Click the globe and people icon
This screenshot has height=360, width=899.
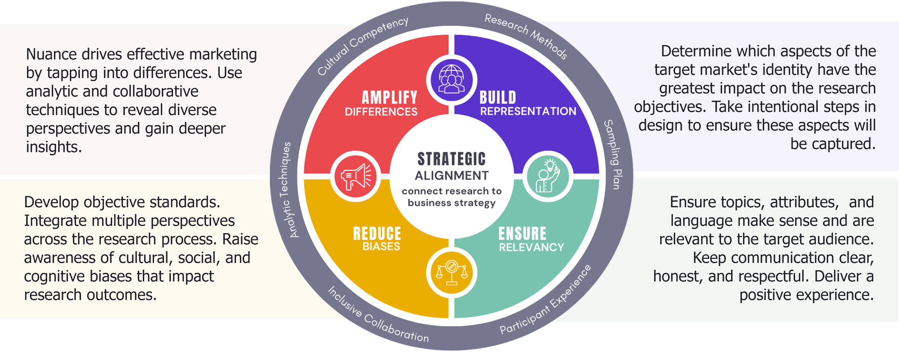point(452,79)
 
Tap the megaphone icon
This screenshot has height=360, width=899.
point(356,177)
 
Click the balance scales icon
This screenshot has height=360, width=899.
point(452,273)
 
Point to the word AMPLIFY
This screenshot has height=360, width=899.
point(389,97)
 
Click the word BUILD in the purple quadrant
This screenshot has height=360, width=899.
point(498,97)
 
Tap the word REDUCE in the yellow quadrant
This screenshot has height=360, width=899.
point(377,233)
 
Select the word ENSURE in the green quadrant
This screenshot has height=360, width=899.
point(522,233)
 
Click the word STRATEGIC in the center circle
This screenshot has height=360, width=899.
point(451,159)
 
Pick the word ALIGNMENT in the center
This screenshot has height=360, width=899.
point(452,176)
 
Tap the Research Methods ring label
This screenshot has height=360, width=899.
point(526,35)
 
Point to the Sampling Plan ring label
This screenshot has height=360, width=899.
point(613,155)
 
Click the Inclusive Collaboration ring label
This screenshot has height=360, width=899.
point(378,315)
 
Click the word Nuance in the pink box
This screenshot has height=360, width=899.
point(51,54)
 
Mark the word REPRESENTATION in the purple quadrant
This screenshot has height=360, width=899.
point(528,111)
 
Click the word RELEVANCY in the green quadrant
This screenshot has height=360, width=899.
point(531,247)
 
